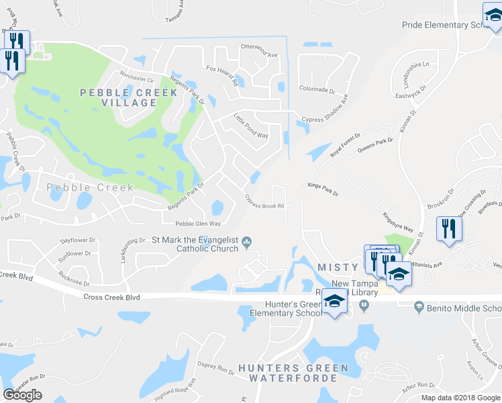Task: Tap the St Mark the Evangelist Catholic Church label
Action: (x=195, y=244)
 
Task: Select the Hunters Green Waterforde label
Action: (x=293, y=373)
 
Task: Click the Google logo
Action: (x=23, y=395)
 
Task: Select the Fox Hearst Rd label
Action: (x=222, y=76)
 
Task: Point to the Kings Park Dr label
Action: (x=323, y=189)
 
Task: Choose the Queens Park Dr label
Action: (x=375, y=146)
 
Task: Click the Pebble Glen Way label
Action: (x=198, y=224)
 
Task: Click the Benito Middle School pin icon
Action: (x=418, y=307)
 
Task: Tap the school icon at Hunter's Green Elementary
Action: (x=334, y=302)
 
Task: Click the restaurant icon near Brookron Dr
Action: (x=448, y=229)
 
